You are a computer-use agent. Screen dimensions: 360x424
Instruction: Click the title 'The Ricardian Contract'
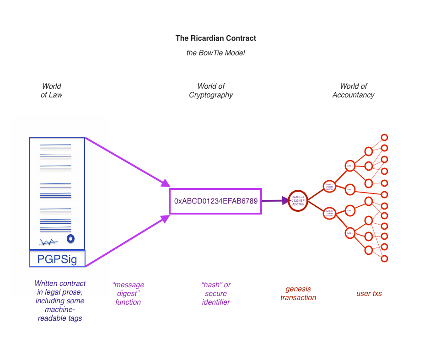click(x=215, y=38)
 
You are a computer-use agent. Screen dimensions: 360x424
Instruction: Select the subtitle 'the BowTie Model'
click(x=215, y=53)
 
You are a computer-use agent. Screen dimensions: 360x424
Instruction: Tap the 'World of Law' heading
click(x=51, y=91)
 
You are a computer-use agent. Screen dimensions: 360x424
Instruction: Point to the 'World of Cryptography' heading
click(x=211, y=91)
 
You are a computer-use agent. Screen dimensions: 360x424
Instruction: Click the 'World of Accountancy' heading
click(x=353, y=91)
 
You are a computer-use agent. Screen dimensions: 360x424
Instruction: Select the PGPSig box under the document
click(x=57, y=259)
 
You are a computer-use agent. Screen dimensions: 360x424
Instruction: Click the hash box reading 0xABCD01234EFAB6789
click(x=215, y=201)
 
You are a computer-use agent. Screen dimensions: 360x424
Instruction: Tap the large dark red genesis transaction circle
click(x=298, y=200)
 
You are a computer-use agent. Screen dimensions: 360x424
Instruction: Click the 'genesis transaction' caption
click(x=298, y=293)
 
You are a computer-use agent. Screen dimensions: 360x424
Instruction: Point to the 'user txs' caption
click(x=369, y=294)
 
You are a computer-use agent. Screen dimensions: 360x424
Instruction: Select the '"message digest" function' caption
click(x=128, y=293)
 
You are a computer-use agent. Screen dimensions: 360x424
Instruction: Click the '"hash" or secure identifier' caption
click(x=216, y=293)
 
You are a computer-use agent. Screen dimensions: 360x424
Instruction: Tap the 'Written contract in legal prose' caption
click(x=60, y=301)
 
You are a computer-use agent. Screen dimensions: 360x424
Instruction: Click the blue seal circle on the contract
click(x=70, y=238)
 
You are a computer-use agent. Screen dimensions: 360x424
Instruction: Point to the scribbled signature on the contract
click(x=48, y=242)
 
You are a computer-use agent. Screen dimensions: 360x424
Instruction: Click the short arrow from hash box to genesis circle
click(x=274, y=200)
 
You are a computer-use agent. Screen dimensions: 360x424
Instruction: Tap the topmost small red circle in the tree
click(x=384, y=137)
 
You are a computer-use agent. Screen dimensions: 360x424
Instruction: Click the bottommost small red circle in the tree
click(x=384, y=258)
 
